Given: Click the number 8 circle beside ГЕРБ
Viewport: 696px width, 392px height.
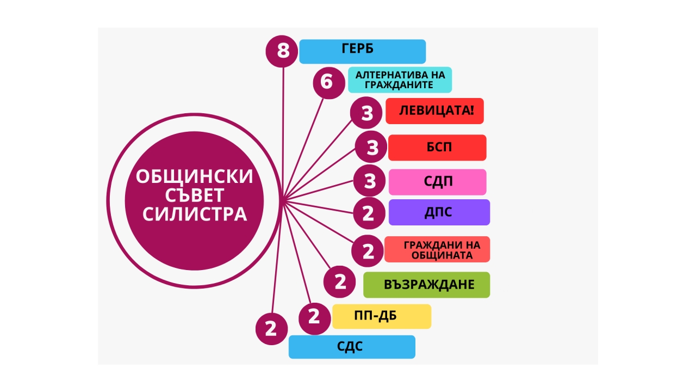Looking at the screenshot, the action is point(282,51).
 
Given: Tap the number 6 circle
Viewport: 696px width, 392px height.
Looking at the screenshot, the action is point(329,83).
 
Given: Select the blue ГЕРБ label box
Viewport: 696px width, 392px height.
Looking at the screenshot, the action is point(362,51).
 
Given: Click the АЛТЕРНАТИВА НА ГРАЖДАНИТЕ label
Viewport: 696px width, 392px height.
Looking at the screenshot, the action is point(400,79).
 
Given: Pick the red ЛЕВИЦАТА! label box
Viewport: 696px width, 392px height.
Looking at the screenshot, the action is point(434,111).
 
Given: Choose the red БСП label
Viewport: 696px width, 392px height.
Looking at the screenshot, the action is point(437,148).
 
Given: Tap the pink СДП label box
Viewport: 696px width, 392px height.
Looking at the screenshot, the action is point(438,182).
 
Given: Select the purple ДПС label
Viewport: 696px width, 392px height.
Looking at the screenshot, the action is point(439,212).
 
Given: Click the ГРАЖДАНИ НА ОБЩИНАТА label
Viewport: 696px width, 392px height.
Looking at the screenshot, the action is point(437,249).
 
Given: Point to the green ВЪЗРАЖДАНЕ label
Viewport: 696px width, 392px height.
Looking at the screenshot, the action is point(427,285).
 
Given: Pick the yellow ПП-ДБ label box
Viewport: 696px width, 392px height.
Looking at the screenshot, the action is point(382,316).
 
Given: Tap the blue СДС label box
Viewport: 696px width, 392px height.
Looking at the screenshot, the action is point(352,347).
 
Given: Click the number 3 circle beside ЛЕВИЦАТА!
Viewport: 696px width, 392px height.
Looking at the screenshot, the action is point(366,113).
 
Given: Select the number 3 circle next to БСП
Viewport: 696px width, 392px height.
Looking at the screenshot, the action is point(371,146).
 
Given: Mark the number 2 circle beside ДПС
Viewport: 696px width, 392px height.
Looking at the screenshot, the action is point(369,213).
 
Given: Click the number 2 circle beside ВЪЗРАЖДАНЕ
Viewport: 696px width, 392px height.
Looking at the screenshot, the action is point(339,282).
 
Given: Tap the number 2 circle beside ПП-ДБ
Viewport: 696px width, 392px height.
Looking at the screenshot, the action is point(314,318).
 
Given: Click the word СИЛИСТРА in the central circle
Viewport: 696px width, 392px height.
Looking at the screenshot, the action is point(195,214).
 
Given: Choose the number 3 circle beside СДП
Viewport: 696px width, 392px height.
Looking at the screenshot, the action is point(369,181).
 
